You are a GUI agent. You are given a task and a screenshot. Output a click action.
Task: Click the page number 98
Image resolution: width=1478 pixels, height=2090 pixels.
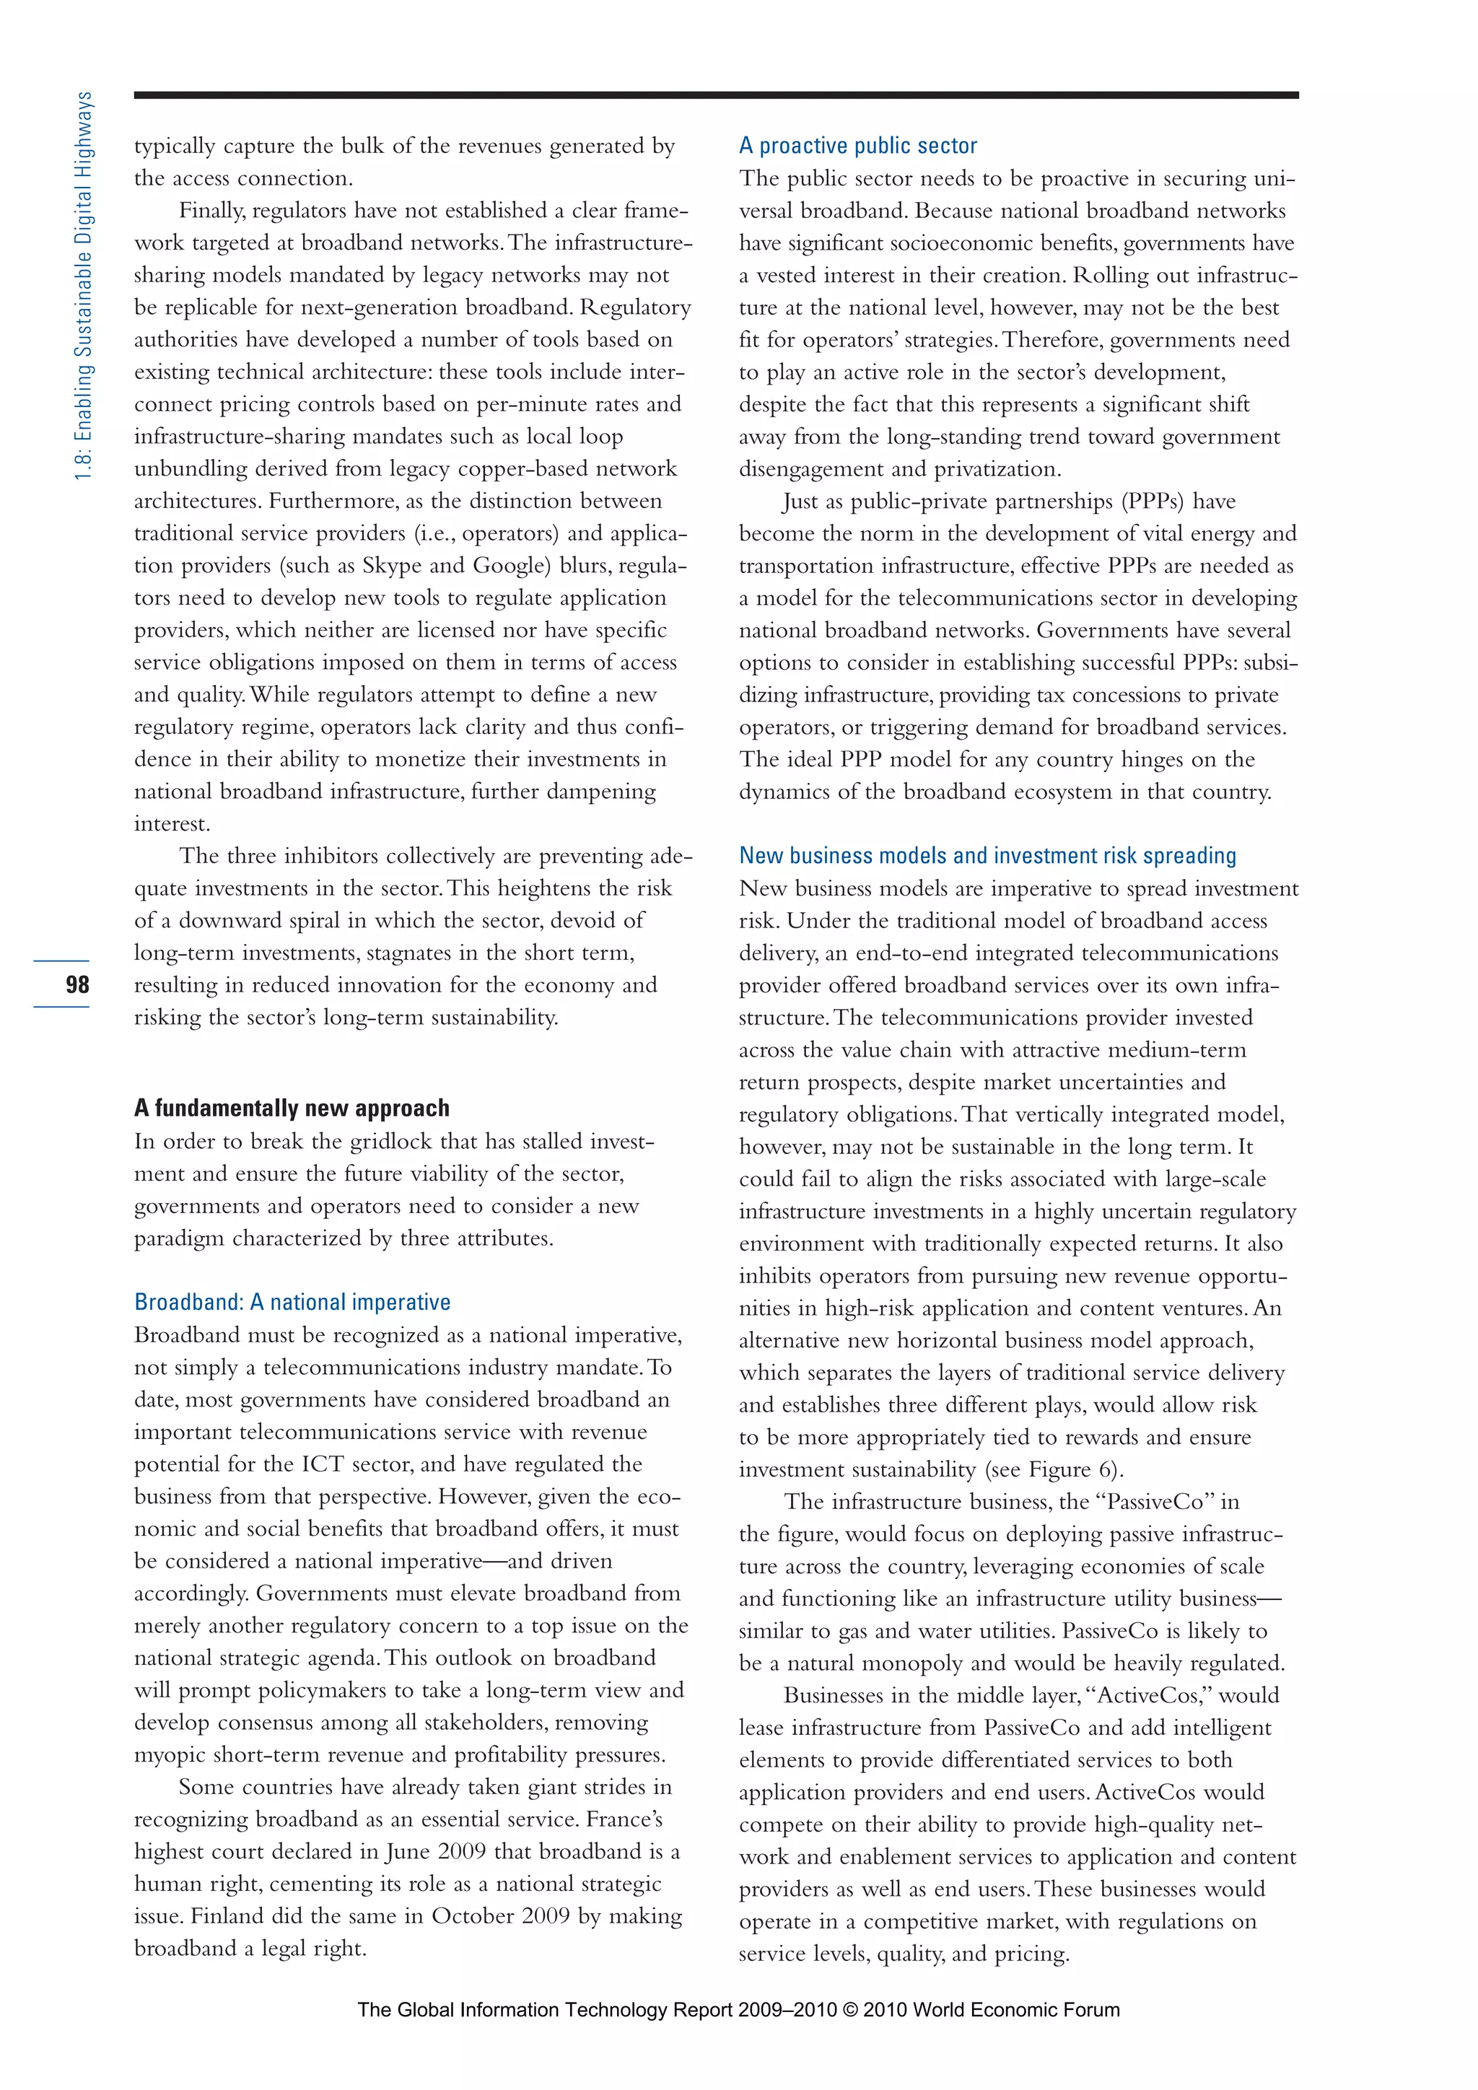tap(77, 984)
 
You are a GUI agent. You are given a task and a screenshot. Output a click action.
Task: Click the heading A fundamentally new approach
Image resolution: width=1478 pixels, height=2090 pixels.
tap(292, 1108)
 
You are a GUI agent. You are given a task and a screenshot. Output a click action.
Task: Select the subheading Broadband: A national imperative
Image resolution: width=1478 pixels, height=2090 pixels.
tap(292, 1302)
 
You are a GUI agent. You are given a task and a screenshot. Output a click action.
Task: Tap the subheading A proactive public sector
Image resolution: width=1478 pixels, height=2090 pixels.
tap(857, 146)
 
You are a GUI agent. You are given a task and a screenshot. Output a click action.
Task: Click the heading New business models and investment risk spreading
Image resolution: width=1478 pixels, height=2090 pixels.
tap(987, 856)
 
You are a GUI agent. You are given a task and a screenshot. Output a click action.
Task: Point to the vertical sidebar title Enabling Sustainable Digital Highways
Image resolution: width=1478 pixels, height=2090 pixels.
tap(84, 286)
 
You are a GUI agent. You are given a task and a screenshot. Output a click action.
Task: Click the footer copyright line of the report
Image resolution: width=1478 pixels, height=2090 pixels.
tap(738, 2010)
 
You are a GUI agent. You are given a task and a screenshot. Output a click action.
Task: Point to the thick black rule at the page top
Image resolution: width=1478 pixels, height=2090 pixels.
tap(715, 95)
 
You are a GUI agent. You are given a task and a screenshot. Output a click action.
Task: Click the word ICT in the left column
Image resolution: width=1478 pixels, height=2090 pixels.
tap(322, 1464)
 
